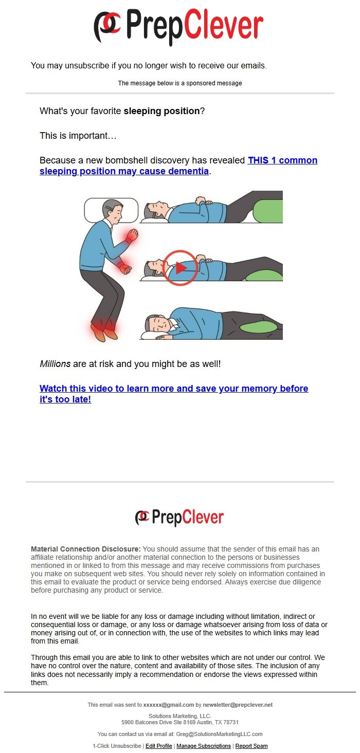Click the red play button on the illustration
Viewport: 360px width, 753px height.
(x=179, y=268)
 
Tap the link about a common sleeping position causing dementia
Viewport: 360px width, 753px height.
(x=178, y=166)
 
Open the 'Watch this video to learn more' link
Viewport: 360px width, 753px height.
(x=174, y=394)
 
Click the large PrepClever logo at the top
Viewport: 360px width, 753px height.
(x=178, y=26)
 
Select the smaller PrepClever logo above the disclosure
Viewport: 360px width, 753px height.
(x=179, y=518)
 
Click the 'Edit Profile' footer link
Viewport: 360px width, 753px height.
(x=159, y=746)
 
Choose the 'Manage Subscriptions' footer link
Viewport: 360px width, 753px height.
(x=204, y=746)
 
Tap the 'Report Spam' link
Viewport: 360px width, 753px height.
(x=251, y=746)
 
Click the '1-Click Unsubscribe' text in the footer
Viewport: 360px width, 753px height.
(x=117, y=746)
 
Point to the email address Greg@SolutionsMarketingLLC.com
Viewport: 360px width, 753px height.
(x=219, y=734)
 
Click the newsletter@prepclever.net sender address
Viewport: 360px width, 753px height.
(x=238, y=705)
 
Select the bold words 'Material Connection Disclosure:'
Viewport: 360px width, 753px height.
(x=86, y=549)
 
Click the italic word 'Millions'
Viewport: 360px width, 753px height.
(x=55, y=364)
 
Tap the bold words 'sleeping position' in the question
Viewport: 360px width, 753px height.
(x=162, y=111)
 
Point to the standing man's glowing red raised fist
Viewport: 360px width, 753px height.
(x=132, y=234)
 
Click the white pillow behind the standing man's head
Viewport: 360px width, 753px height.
(x=111, y=210)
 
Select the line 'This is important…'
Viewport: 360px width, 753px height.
(x=78, y=136)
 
